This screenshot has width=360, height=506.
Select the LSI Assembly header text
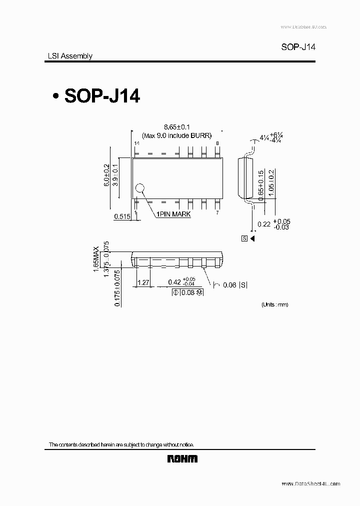click(66, 56)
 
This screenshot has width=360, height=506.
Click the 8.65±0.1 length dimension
click(177, 128)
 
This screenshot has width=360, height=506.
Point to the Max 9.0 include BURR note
click(177, 135)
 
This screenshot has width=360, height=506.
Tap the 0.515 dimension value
click(122, 216)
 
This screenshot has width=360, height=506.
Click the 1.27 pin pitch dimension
click(143, 282)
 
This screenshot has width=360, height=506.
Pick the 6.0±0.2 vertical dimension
click(106, 175)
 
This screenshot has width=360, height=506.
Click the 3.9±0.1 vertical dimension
click(115, 175)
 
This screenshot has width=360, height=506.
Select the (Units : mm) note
click(274, 304)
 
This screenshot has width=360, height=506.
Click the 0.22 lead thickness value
click(264, 224)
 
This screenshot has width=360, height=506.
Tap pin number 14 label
click(136, 143)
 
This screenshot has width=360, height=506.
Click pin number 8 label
click(217, 143)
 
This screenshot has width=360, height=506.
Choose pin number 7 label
click(217, 212)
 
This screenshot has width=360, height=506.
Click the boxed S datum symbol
click(244, 238)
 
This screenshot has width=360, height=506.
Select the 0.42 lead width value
click(174, 282)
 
